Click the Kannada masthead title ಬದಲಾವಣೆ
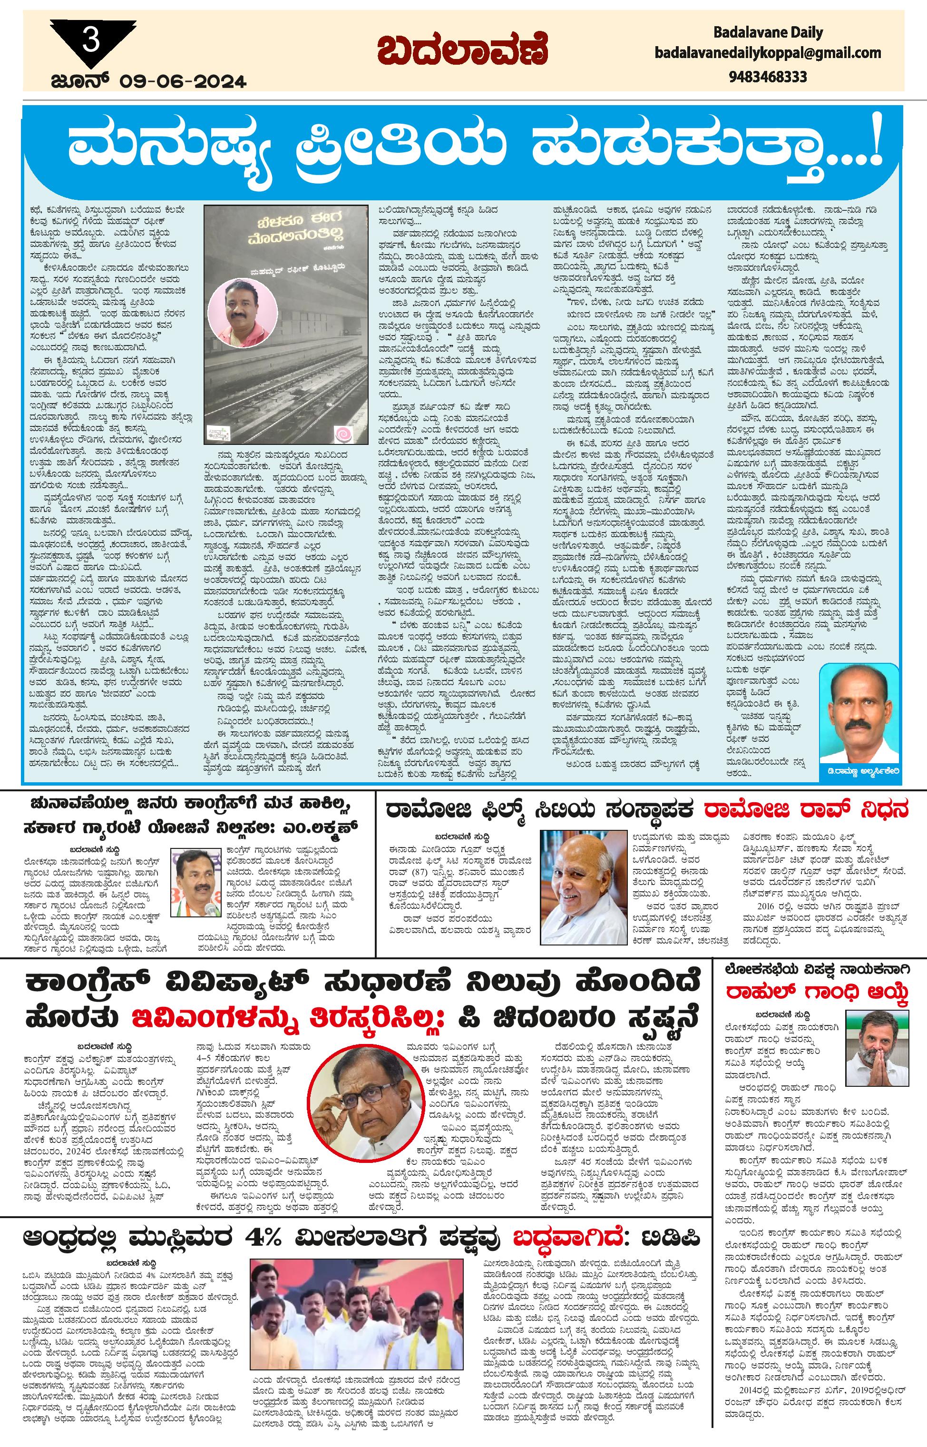pos(463,50)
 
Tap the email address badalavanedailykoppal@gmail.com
pos(768,53)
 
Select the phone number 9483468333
pos(768,77)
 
